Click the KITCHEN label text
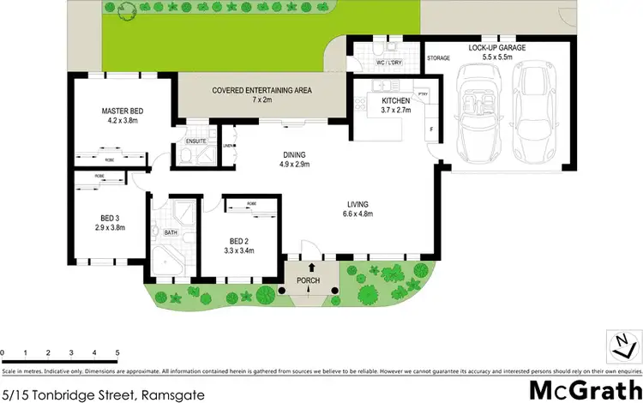point(396,100)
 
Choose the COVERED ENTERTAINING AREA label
point(249,90)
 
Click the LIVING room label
point(358,204)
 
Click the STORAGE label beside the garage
point(438,58)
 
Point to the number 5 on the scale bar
point(117,352)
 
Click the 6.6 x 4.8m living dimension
point(358,214)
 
